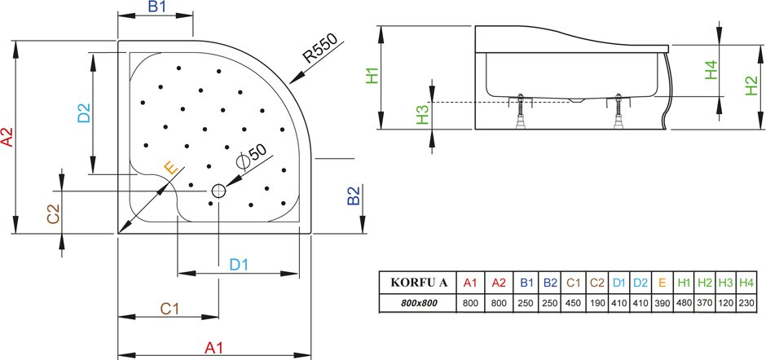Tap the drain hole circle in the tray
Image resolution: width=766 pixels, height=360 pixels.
point(218,191)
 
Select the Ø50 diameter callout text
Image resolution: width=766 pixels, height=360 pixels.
point(251,156)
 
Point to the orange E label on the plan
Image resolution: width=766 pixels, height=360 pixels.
point(170,168)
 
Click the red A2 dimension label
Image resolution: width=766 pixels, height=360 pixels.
point(8,137)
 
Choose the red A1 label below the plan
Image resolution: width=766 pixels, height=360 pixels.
point(214,348)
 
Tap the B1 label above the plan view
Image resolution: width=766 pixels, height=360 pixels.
point(157,7)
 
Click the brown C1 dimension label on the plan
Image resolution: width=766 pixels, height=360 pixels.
point(170,309)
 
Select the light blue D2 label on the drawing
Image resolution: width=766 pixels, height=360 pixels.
point(84,113)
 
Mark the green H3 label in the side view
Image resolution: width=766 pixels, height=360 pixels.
point(423,116)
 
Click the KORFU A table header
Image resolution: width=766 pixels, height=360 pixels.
point(419,283)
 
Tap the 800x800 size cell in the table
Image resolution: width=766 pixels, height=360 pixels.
point(419,303)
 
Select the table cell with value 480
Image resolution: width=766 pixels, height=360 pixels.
point(684,303)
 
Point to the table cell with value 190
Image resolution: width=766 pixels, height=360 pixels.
point(597,303)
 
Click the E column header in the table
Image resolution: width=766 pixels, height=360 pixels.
point(662,283)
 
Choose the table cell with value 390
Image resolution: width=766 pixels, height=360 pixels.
point(662,303)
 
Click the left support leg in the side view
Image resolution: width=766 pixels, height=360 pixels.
point(521,111)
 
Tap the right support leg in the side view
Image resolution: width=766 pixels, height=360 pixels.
point(619,111)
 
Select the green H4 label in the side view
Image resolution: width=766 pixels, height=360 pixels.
point(711,70)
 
